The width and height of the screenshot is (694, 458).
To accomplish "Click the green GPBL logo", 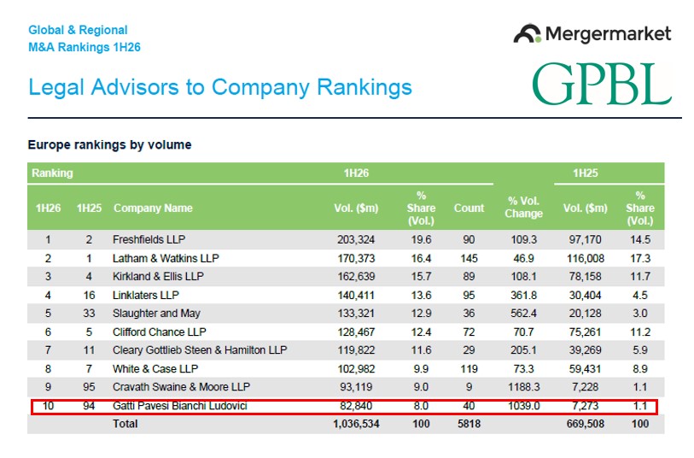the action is (602, 84).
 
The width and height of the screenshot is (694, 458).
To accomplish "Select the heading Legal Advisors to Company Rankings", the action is (220, 87).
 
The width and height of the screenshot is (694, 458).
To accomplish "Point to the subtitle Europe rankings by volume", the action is (109, 145).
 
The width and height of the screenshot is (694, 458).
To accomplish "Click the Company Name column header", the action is (153, 208).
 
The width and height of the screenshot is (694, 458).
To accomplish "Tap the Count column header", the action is (469, 208).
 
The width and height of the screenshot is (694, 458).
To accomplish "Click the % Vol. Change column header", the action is (523, 208).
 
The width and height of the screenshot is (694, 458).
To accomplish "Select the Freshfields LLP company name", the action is (149, 239).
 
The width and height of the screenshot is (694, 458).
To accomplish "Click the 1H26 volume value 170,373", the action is (356, 258).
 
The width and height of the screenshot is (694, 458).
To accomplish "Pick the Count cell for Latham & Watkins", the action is (469, 258).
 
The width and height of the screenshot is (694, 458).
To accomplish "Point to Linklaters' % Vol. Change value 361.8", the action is (523, 295).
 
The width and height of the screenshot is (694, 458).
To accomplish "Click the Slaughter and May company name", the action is (156, 314).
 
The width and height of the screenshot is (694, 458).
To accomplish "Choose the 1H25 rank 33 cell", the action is (89, 314).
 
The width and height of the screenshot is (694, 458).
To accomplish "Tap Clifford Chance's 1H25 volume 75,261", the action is (585, 332).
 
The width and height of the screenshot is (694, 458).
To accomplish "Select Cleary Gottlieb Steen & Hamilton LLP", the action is (200, 350).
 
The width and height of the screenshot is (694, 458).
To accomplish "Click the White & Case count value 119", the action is (469, 369).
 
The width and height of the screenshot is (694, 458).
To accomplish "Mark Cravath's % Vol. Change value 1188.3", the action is (523, 387).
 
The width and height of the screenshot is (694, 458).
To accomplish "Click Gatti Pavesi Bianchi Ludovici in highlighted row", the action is (180, 406).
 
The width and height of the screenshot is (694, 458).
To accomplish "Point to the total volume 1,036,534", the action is (356, 424).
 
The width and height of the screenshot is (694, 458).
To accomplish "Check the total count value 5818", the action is (469, 424).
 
